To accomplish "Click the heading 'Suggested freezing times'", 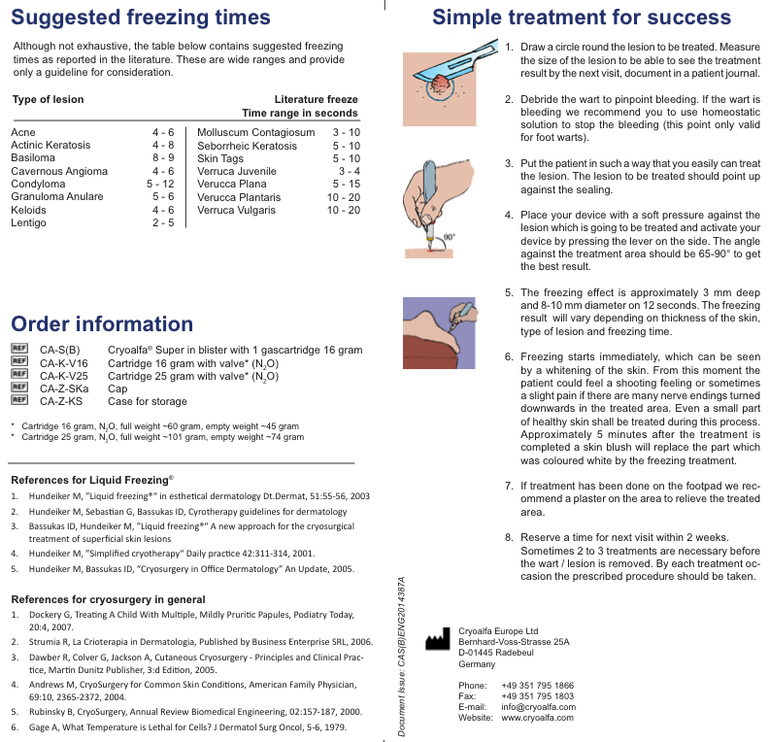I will tap(141, 17).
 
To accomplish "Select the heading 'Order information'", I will tap(102, 324).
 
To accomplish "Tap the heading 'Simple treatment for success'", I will tap(582, 17).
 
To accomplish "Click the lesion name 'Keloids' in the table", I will tap(28, 210).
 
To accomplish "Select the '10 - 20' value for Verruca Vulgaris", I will tap(343, 210).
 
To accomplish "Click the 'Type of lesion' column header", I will tap(48, 99).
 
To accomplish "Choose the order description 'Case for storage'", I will tap(148, 401).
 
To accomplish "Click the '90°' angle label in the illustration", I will tap(449, 236).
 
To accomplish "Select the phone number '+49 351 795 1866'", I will tap(537, 685).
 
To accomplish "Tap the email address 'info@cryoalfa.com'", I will tap(538, 707).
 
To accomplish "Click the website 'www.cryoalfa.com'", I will tap(539, 718).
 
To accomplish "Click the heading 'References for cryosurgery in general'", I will tap(107, 598).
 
